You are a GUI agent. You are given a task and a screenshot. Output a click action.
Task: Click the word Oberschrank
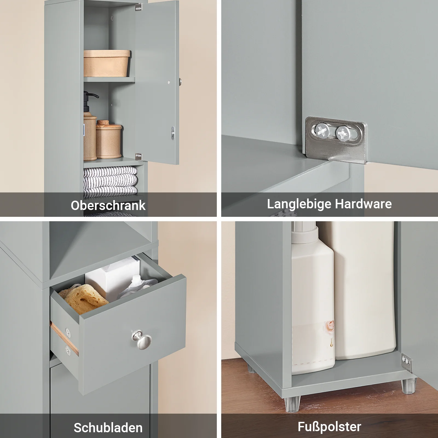(x=108, y=205)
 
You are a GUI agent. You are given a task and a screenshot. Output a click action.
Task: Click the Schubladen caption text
(x=108, y=428)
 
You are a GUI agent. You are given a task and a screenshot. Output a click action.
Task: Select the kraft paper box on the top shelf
(x=106, y=63)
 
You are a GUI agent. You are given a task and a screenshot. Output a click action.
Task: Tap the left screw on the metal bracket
(x=322, y=131)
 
